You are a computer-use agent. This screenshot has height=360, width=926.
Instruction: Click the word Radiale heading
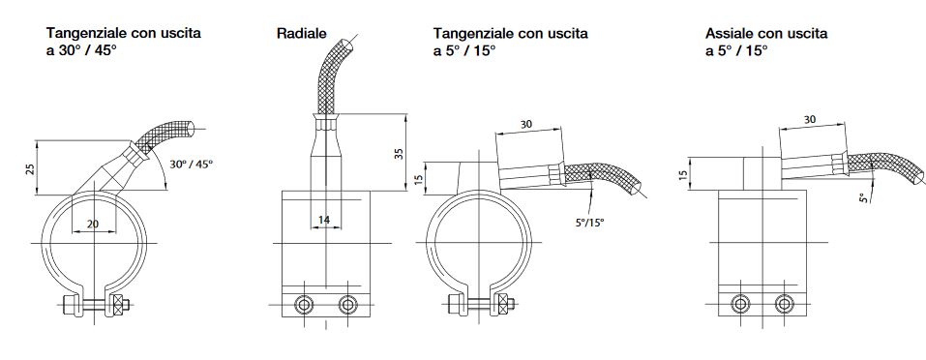(x=301, y=34)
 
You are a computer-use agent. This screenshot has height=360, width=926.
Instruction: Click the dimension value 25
(x=30, y=168)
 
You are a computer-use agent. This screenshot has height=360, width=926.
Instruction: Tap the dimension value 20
(x=93, y=224)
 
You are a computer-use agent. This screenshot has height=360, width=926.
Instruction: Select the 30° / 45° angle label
(x=191, y=165)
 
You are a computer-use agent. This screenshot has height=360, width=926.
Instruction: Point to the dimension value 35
(x=399, y=154)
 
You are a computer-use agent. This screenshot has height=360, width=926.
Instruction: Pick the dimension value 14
(x=324, y=220)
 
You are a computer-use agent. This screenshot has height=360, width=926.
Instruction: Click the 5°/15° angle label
(x=590, y=224)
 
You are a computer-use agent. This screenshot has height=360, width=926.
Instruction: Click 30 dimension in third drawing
(x=526, y=125)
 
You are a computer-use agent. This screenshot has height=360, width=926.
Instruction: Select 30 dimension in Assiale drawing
(x=810, y=119)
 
